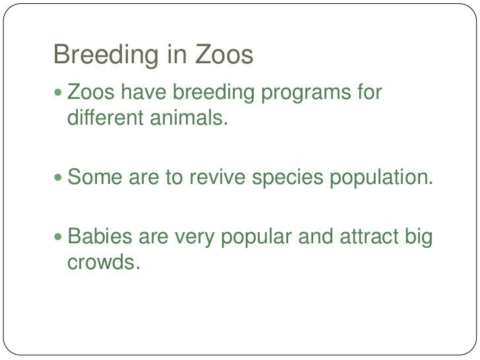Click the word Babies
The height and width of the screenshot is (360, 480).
[x=100, y=235]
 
